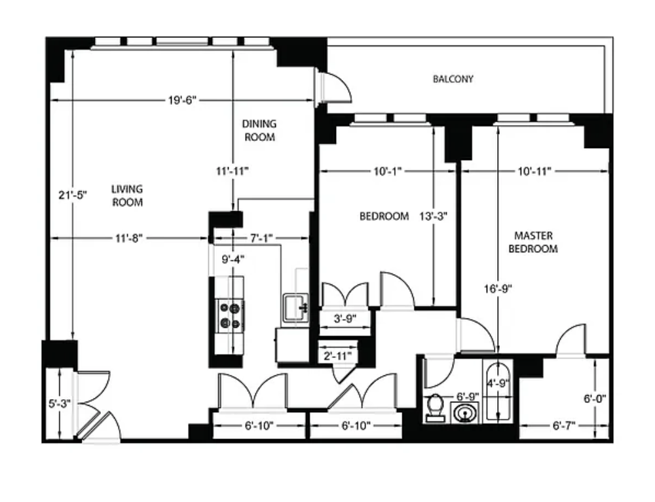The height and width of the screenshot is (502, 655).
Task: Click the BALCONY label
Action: (x=453, y=79)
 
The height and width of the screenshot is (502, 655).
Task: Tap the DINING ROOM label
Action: (x=259, y=130)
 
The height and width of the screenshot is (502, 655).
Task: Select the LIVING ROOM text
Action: (x=128, y=195)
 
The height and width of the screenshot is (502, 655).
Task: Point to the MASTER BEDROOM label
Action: (x=533, y=242)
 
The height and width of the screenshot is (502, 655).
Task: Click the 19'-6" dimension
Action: (x=182, y=100)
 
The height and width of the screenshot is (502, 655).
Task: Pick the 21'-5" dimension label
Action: (x=73, y=195)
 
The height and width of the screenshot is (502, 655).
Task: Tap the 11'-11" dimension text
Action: (x=233, y=171)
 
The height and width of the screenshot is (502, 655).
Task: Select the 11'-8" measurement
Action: (x=128, y=239)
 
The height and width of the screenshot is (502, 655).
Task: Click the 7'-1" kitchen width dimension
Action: (x=261, y=239)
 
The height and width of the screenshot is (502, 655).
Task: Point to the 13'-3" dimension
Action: (x=433, y=216)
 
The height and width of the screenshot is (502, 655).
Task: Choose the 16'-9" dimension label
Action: (x=498, y=289)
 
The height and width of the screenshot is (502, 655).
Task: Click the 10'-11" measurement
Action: (x=534, y=171)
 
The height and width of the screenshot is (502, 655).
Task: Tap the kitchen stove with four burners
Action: (x=230, y=316)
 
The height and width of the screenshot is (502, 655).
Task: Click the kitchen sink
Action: (x=296, y=307)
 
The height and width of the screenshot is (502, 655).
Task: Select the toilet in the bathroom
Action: (x=435, y=407)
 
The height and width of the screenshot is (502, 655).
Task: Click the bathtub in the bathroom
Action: (x=498, y=391)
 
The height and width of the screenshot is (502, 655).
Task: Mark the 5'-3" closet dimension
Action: (x=60, y=404)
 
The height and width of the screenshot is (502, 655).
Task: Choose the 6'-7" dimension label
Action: (x=564, y=426)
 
